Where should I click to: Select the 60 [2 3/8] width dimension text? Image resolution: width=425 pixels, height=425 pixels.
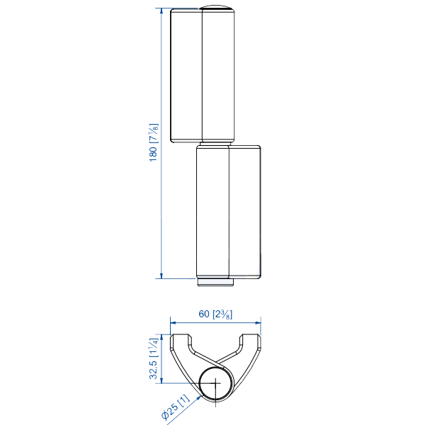tap(216, 314)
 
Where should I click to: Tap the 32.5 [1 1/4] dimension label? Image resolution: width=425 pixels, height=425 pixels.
tap(154, 359)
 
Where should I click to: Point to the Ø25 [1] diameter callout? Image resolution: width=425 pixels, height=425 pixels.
tap(175, 407)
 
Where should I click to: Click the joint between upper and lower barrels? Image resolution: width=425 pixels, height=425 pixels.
tap(215, 144)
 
